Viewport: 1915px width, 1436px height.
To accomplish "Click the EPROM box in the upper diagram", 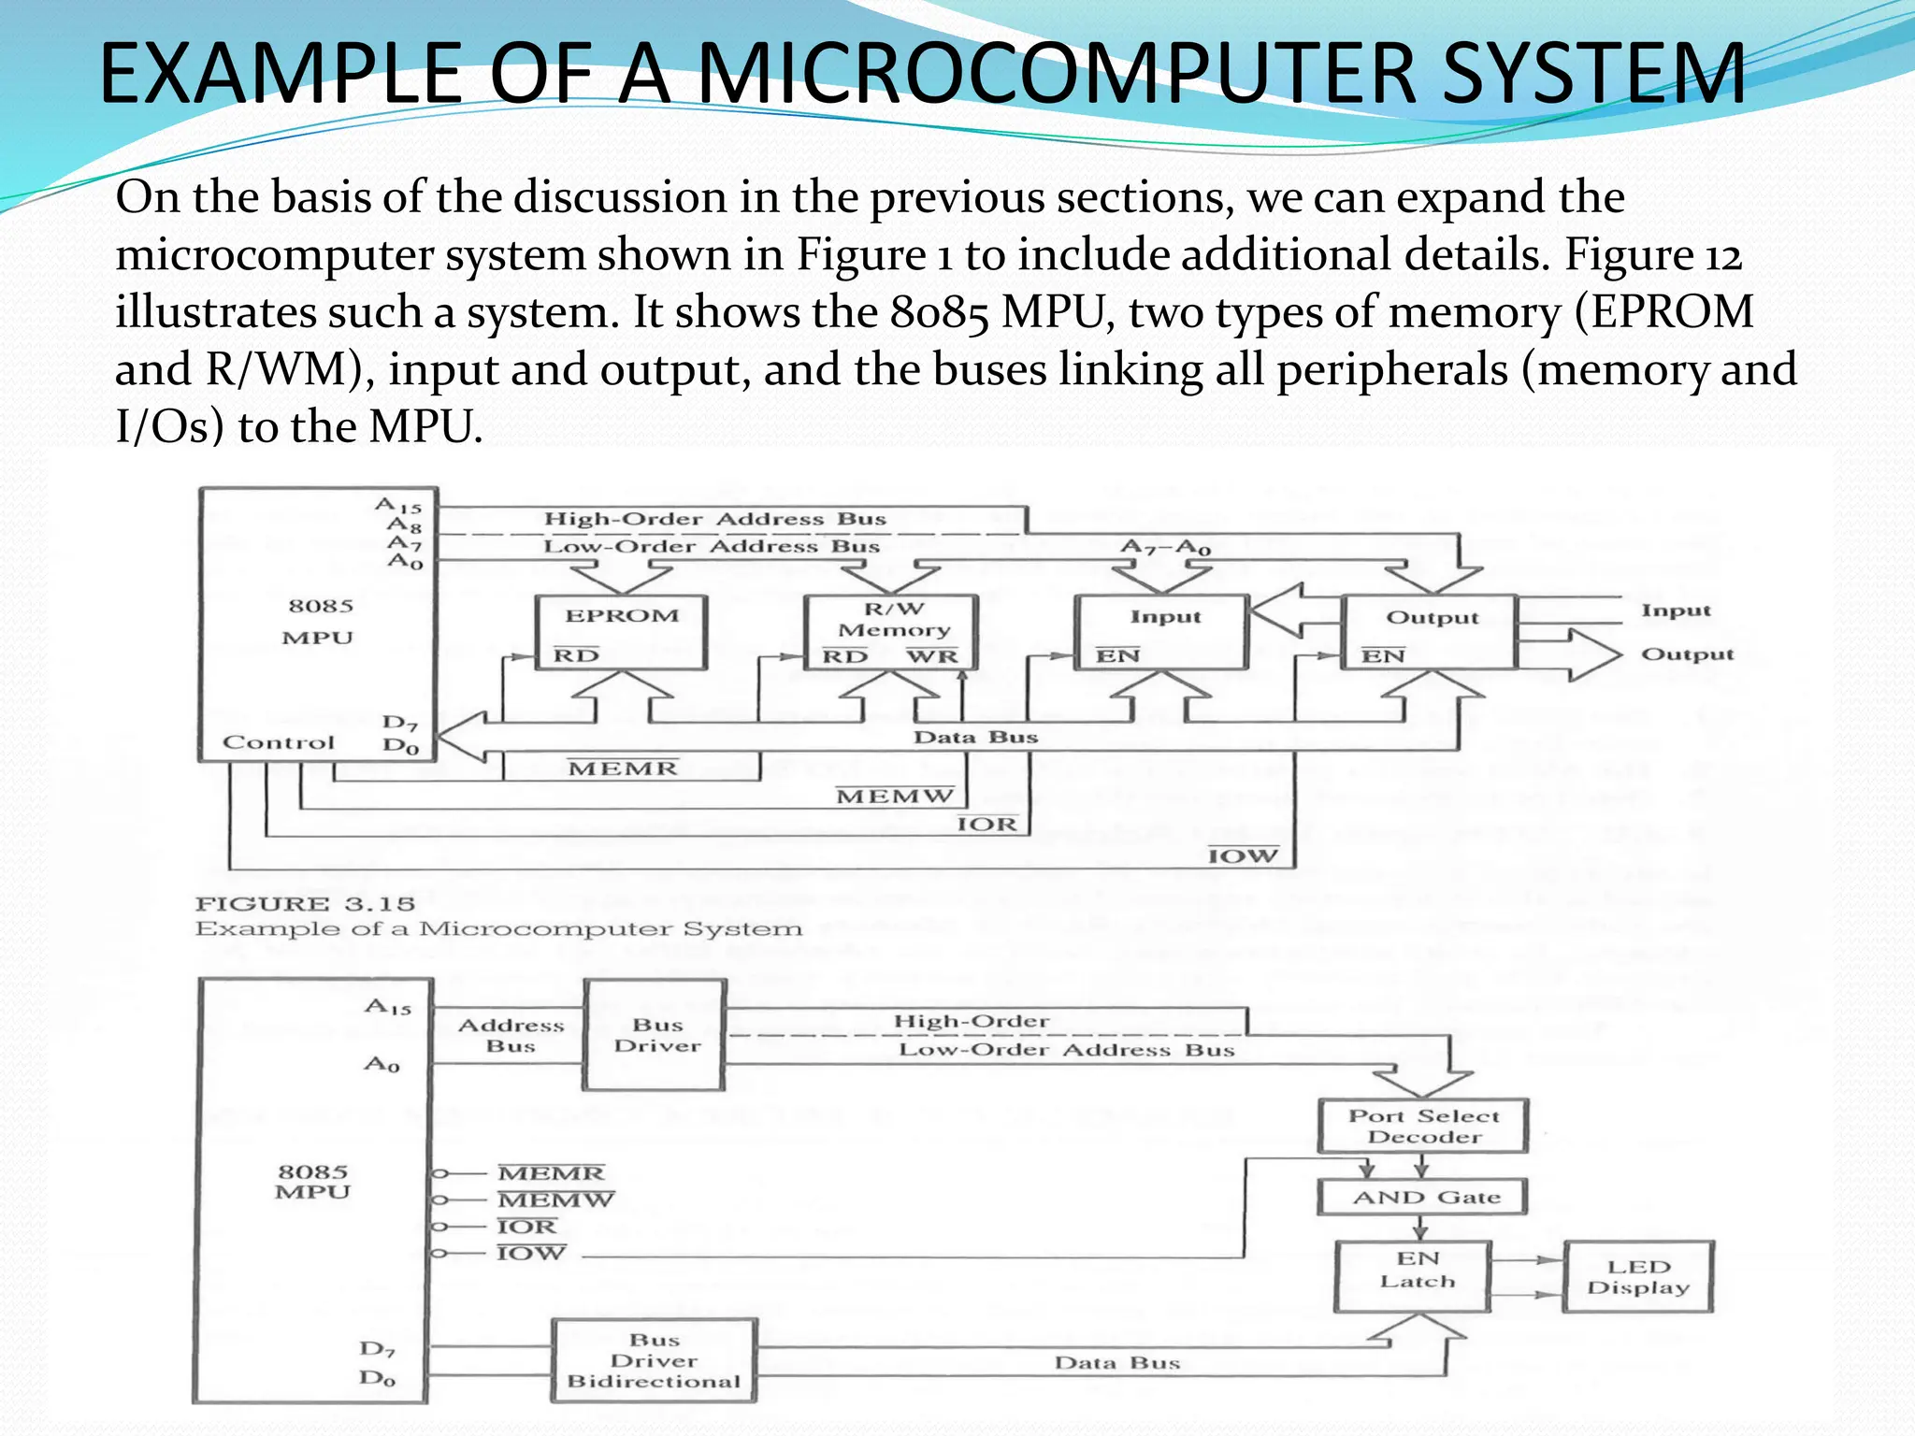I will point(621,632).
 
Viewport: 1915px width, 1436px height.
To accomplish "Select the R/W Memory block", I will point(891,632).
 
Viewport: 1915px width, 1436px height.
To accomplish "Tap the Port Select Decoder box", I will point(1423,1127).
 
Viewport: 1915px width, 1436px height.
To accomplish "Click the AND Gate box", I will point(1423,1198).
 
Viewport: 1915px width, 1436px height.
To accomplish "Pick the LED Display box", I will point(1638,1277).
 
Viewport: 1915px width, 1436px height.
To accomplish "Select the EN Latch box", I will point(1413,1276).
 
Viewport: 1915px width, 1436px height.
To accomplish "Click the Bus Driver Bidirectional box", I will point(654,1360).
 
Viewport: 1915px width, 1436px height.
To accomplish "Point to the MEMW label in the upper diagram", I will point(895,797).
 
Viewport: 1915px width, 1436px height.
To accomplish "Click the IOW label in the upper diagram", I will point(1243,855).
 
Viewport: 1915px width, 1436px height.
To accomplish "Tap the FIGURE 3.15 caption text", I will point(305,904).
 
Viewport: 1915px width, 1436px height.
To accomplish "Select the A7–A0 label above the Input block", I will point(1165,546).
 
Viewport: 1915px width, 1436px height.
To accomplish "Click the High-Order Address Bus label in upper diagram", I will point(715,519).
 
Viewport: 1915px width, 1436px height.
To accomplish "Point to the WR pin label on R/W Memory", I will point(931,656).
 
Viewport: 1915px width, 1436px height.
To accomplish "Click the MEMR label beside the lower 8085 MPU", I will point(552,1172).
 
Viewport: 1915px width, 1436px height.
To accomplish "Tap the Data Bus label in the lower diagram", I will point(1117,1362).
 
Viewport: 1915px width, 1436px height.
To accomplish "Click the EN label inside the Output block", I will point(1383,656).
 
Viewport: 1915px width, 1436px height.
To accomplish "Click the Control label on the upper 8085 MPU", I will point(278,742).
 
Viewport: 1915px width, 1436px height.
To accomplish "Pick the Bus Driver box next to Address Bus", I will point(655,1035).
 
